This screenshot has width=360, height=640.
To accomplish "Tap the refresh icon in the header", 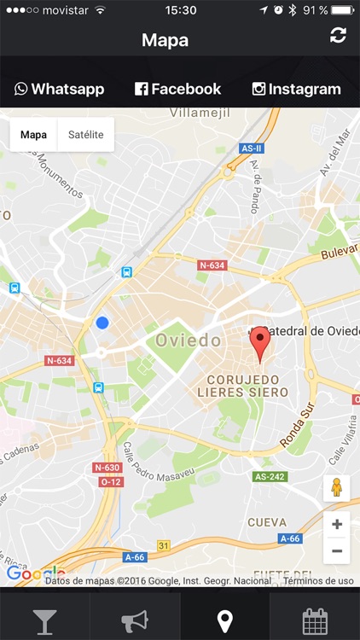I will (339, 35).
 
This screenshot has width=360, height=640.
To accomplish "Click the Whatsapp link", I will (59, 89).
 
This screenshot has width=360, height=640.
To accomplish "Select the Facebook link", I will (178, 89).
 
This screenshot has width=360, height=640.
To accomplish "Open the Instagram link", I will (296, 89).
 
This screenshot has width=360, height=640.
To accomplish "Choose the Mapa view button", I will (34, 135).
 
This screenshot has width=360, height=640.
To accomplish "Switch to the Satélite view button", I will (85, 135).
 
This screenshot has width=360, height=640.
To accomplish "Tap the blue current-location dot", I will (102, 323).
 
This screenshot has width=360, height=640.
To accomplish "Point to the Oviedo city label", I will (189, 340).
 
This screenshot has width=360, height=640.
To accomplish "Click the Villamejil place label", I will (200, 113).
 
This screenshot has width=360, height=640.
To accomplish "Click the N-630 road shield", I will (107, 468).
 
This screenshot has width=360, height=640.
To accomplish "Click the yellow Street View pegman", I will (336, 488).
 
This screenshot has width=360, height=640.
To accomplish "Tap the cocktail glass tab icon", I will (44, 620).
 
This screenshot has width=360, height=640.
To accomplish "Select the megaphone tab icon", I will (135, 620).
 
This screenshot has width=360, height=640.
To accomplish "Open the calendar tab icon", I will (315, 620).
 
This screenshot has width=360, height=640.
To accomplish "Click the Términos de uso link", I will (318, 581).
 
